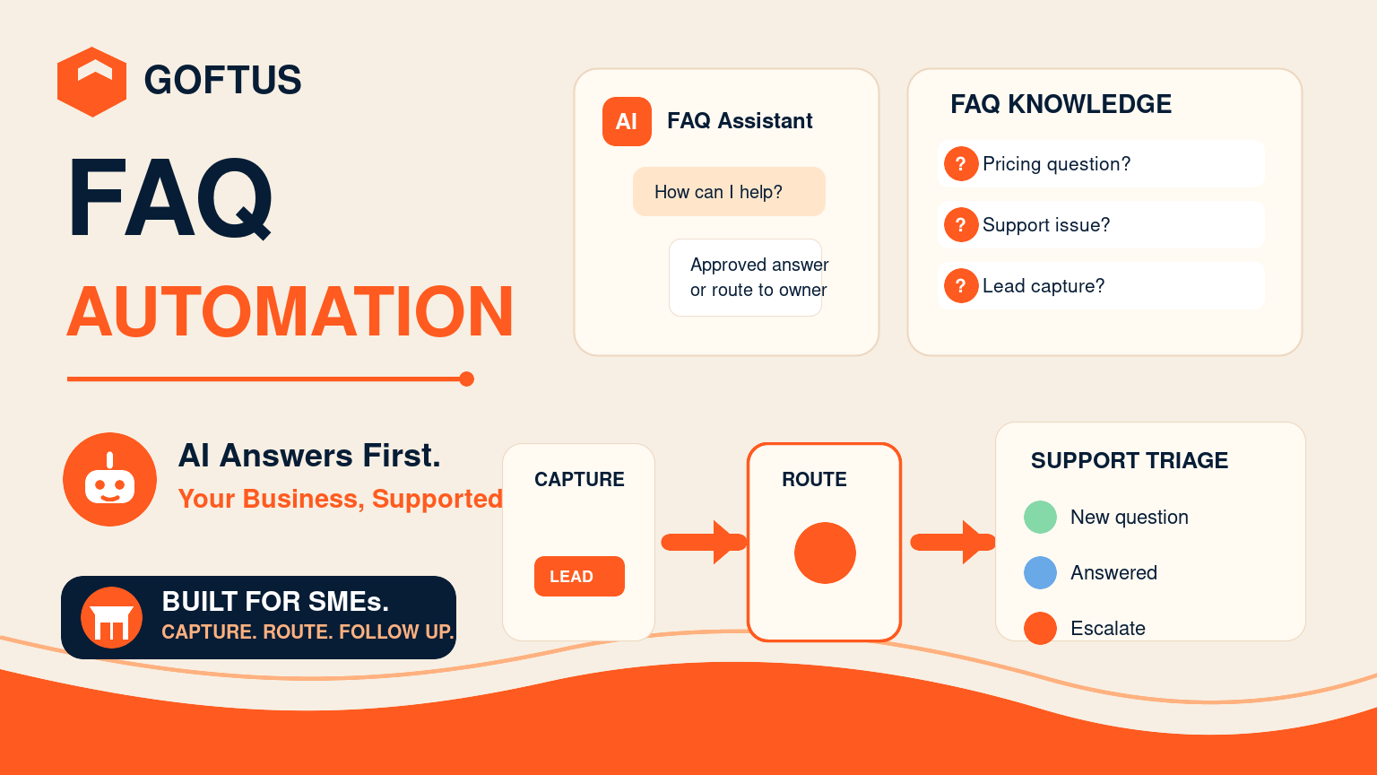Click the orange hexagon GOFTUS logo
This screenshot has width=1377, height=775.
(x=91, y=82)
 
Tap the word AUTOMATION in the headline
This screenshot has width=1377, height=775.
(x=290, y=311)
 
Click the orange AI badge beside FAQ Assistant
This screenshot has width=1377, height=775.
(x=627, y=121)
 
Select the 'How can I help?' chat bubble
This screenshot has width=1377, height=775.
(x=729, y=191)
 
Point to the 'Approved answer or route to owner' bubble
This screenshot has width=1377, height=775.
(x=746, y=277)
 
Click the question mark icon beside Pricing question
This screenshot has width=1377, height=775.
(x=961, y=163)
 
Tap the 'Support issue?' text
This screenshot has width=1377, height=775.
(x=1045, y=224)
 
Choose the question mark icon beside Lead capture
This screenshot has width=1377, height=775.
(x=961, y=285)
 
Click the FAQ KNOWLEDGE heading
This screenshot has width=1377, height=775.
(x=1061, y=104)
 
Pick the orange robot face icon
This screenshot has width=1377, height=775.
(x=110, y=479)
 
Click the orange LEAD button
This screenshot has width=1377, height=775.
(x=579, y=577)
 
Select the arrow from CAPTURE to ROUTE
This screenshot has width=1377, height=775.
(x=704, y=542)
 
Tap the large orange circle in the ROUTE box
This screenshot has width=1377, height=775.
(x=825, y=553)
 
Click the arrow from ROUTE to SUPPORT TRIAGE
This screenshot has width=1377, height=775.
(x=953, y=542)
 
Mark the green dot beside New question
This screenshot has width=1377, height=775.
(x=1040, y=517)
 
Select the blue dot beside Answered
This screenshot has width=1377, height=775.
(x=1040, y=572)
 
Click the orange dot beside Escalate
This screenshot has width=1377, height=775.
(x=1040, y=628)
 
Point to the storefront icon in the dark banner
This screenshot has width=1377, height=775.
(x=111, y=617)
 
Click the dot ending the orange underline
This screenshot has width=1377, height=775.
(x=466, y=379)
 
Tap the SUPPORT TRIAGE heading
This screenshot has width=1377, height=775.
(x=1130, y=460)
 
